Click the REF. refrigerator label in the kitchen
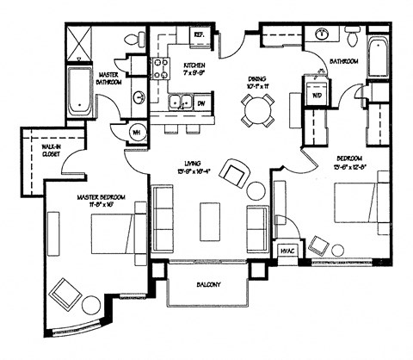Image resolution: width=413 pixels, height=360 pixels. click(197, 35)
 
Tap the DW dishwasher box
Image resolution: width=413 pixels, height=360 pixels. click(200, 103)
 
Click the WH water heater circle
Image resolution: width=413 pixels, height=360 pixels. click(137, 132)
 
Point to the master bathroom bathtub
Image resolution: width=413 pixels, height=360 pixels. click(78, 91)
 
